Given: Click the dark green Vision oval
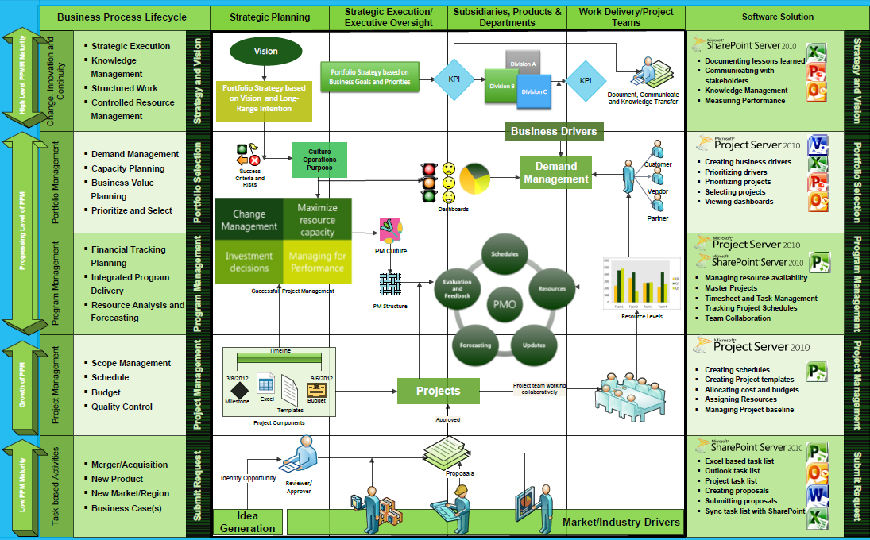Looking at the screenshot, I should (265, 52).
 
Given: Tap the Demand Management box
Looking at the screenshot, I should (556, 173).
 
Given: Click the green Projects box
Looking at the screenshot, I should (439, 391).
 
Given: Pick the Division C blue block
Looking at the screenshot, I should (534, 91).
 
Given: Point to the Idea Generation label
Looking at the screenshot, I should (248, 523).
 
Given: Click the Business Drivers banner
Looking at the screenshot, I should (555, 131).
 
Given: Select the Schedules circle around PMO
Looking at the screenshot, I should (505, 254).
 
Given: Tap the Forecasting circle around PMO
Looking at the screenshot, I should (475, 345).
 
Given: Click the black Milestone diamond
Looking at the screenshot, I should (240, 389).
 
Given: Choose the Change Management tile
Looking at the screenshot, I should (249, 220).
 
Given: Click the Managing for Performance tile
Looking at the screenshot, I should (317, 262).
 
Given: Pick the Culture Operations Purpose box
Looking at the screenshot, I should (319, 160).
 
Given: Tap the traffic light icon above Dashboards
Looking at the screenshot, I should (429, 182).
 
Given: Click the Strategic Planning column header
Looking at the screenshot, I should (270, 17).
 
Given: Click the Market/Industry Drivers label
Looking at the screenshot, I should (621, 522).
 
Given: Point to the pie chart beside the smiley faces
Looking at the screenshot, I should (474, 180).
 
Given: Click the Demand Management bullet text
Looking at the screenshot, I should (134, 154).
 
